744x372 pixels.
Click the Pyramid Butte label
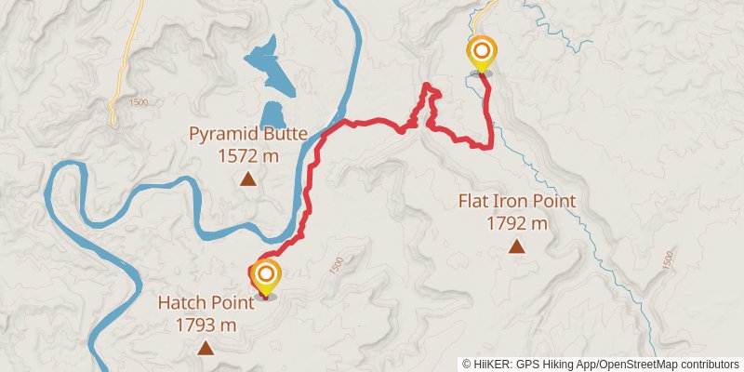248,133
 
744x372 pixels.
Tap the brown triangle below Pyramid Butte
248,179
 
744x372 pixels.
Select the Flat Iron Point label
517,201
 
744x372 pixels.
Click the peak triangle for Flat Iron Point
516,246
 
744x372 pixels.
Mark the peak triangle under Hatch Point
205,348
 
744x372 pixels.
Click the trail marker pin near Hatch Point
266,275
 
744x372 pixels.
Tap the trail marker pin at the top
482,51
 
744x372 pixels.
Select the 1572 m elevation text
248,155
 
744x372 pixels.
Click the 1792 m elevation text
517,223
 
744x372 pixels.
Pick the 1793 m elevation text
205,325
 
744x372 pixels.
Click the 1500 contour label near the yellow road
140,102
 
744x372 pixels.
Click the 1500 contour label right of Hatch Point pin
338,265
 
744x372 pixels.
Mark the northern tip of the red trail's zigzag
429,86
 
